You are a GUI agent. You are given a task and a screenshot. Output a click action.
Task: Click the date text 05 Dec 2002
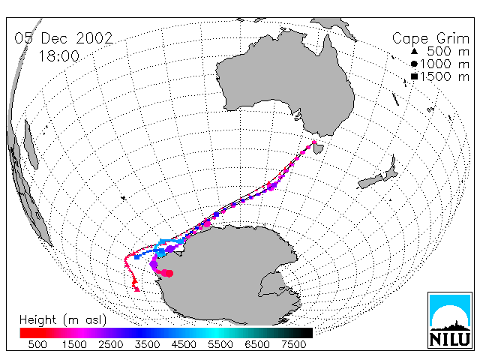(x=64, y=38)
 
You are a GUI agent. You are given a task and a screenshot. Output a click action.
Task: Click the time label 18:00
(x=58, y=56)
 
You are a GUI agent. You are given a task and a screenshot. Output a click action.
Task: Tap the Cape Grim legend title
(x=430, y=38)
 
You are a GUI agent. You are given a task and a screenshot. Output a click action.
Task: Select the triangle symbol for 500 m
(x=414, y=51)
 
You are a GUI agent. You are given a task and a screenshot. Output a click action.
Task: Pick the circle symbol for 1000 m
(x=414, y=64)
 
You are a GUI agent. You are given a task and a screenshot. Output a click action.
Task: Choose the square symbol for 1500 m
(x=414, y=76)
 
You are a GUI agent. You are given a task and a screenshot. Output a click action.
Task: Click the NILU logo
(x=450, y=320)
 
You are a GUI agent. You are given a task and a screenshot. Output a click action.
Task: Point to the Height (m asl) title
(x=63, y=320)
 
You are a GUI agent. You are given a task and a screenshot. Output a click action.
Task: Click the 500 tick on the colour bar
(x=37, y=344)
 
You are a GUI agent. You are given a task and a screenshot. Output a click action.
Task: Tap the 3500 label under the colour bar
(x=147, y=344)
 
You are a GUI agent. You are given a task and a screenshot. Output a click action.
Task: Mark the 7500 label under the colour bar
(x=293, y=344)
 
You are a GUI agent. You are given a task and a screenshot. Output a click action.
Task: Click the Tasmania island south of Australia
(x=319, y=148)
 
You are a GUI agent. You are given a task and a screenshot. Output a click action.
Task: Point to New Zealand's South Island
(x=370, y=181)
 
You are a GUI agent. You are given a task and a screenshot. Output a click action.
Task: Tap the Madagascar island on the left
(x=31, y=145)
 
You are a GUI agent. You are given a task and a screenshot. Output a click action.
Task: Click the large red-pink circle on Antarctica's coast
(x=169, y=273)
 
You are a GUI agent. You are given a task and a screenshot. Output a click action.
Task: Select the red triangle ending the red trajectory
(x=136, y=289)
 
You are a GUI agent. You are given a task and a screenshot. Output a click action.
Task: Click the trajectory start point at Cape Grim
(x=314, y=142)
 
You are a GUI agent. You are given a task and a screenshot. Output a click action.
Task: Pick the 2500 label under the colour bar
(x=111, y=344)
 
